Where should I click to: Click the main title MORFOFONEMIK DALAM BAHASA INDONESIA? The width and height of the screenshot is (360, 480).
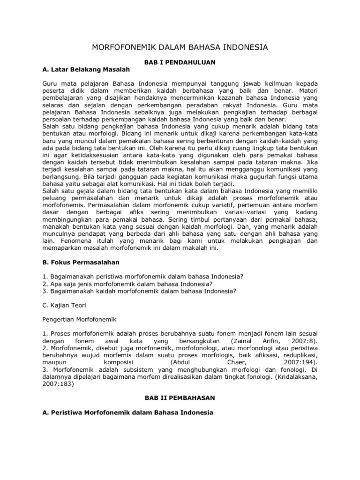[x=180, y=48]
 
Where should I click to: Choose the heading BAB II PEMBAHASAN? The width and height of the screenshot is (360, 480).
[x=180, y=397]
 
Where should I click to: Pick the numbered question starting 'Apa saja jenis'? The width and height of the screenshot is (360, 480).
[x=127, y=284]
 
